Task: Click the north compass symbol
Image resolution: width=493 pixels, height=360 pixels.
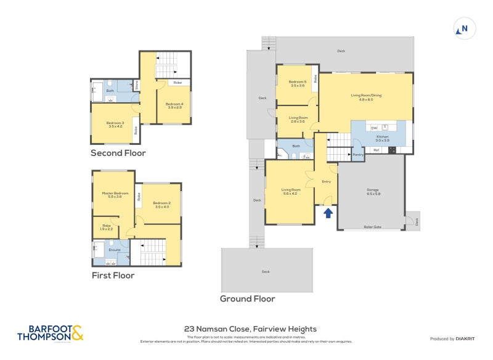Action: (463, 28)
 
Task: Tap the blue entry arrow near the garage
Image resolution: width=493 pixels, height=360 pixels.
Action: (328, 213)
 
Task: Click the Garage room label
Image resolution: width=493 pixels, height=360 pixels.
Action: (373, 191)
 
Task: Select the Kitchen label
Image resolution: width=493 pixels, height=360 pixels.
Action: (383, 139)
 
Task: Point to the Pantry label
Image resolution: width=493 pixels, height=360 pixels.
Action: (358, 155)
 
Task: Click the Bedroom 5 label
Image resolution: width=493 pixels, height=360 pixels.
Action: (298, 83)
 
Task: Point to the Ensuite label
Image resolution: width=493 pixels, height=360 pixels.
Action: (115, 250)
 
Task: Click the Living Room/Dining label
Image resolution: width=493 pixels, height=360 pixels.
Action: (366, 97)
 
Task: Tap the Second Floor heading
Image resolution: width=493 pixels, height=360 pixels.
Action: (118, 153)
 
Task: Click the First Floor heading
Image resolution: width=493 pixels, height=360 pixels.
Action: (113, 276)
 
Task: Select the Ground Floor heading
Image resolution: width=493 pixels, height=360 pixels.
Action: (248, 299)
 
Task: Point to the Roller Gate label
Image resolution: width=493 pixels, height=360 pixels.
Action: (372, 227)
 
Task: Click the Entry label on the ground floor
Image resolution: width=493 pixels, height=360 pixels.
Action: (327, 182)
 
